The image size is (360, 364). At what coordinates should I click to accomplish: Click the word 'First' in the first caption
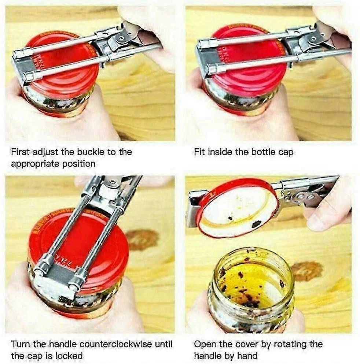[21, 152]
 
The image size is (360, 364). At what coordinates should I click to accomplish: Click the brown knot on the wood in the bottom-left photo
[142, 239]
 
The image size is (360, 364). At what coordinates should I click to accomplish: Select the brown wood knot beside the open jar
[307, 271]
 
